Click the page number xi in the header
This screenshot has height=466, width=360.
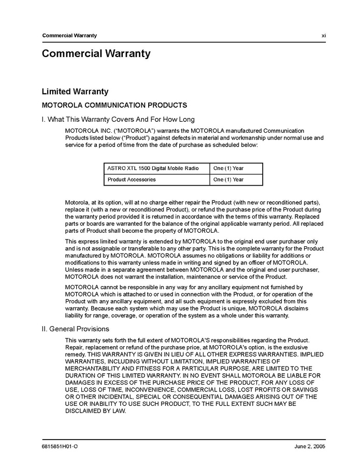323,35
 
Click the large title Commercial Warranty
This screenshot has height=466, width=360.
96,53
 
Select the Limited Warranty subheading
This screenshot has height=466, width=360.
75,91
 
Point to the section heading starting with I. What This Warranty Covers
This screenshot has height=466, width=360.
118,119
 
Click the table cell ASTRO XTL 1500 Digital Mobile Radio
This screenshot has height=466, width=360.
153,168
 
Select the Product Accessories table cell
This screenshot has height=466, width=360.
132,180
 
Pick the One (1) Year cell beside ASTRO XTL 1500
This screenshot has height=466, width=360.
228,168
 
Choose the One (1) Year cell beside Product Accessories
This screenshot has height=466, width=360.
228,180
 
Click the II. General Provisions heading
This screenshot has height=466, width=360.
75,329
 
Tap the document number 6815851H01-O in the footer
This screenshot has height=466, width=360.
60,446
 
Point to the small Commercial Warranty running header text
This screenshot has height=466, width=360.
69,35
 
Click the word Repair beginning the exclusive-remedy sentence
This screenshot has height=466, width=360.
74,347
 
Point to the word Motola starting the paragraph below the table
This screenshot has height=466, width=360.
76,202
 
